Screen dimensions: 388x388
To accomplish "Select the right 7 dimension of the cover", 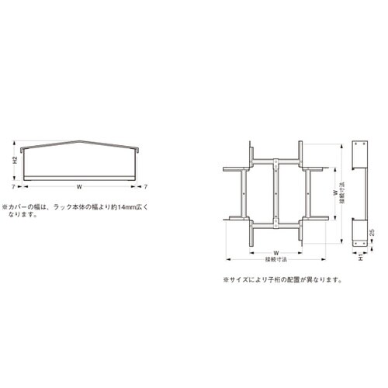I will tap(147, 186).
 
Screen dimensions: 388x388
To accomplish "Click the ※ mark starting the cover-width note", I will tap(5, 207).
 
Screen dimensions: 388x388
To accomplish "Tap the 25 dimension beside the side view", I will tap(373, 232).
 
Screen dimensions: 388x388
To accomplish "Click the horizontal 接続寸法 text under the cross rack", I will tap(275, 259).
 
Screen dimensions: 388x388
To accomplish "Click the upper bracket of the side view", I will tap(359, 159).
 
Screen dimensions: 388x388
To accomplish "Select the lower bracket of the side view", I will tap(359, 232).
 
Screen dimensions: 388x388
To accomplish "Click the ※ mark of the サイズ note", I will tap(226, 279).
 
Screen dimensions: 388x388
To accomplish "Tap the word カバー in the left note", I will tap(21, 207).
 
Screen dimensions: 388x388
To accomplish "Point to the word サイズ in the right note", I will tap(241, 279).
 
